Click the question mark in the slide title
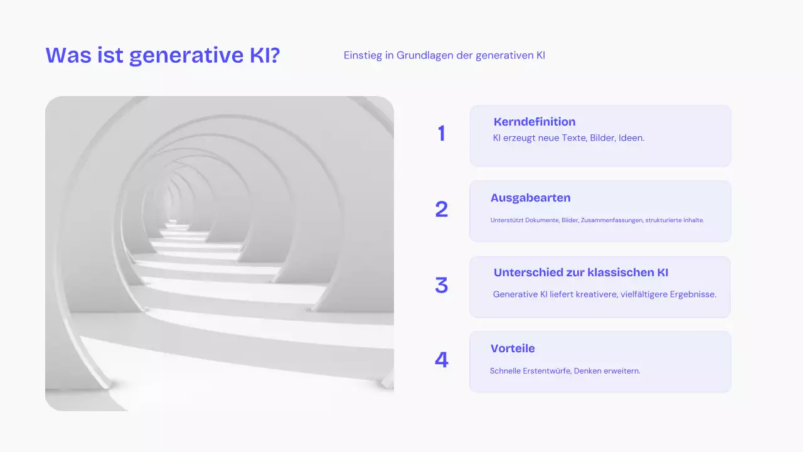[x=274, y=55]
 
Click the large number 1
[x=442, y=134]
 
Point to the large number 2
[x=442, y=210]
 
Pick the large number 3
[x=442, y=286]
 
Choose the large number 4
[x=442, y=360]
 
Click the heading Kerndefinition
[x=534, y=122]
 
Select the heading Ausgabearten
[x=531, y=198]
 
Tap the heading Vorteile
[x=513, y=348]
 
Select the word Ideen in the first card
[x=630, y=137]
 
